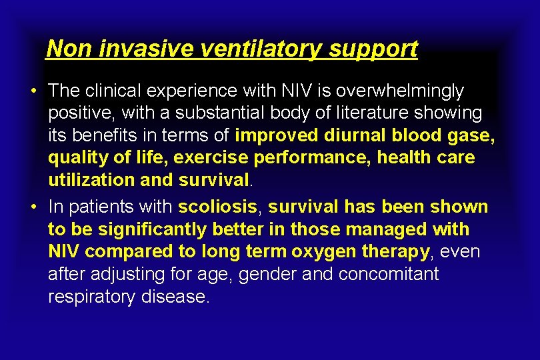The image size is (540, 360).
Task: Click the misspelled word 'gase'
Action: pos(471,135)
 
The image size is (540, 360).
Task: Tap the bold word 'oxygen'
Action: pos(328,252)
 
